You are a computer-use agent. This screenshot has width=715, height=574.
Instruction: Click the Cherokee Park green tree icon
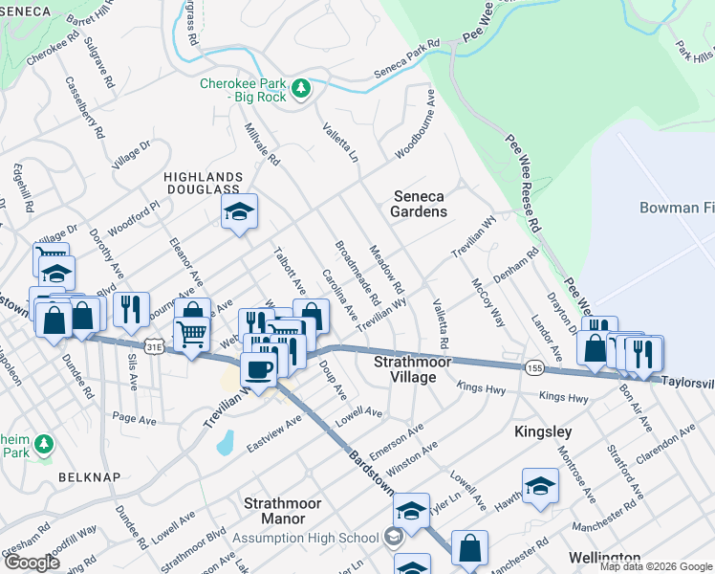[x=302, y=89]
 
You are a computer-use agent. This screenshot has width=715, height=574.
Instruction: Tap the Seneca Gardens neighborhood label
[x=420, y=203]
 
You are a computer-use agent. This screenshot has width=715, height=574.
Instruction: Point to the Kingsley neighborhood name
[x=542, y=431]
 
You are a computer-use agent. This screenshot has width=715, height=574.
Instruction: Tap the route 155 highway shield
[x=534, y=366]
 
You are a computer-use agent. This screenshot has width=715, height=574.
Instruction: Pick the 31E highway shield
[x=154, y=342]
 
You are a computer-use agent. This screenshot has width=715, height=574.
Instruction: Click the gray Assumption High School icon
[x=393, y=538]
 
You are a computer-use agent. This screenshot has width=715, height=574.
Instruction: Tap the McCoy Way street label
[x=487, y=302]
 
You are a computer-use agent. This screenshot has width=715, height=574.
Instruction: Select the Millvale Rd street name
[x=261, y=143]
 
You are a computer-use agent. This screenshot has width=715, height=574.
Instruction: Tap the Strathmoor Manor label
[x=275, y=510]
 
